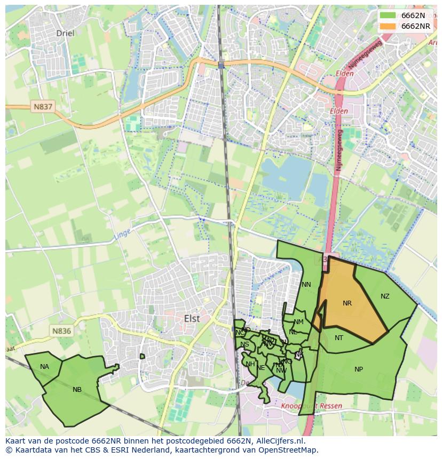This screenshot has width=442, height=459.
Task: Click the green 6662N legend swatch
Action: (x=388, y=15)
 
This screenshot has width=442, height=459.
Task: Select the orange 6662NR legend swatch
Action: (x=388, y=26)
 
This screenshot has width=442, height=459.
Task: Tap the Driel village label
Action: (x=66, y=33)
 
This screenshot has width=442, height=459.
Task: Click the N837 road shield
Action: (x=43, y=107)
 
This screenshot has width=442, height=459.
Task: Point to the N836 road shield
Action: (x=61, y=331)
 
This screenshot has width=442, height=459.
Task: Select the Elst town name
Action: (x=192, y=318)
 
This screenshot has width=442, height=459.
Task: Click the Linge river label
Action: (x=122, y=233)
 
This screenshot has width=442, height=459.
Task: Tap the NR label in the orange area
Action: (x=347, y=303)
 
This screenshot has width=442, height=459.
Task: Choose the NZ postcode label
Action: (x=385, y=296)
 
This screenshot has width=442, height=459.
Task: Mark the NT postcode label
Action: (x=339, y=338)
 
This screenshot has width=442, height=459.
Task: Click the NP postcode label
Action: (x=359, y=369)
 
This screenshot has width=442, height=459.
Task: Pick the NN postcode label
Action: (x=306, y=285)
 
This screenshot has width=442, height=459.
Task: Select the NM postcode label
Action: (x=298, y=322)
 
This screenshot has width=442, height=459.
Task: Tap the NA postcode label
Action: (x=44, y=367)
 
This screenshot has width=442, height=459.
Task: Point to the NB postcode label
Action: (x=77, y=390)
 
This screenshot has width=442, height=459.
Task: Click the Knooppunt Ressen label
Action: (x=311, y=406)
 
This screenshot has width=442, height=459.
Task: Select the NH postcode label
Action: (x=250, y=364)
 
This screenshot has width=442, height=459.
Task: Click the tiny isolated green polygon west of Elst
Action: (x=142, y=356)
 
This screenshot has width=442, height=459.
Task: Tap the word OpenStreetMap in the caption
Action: (x=290, y=450)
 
